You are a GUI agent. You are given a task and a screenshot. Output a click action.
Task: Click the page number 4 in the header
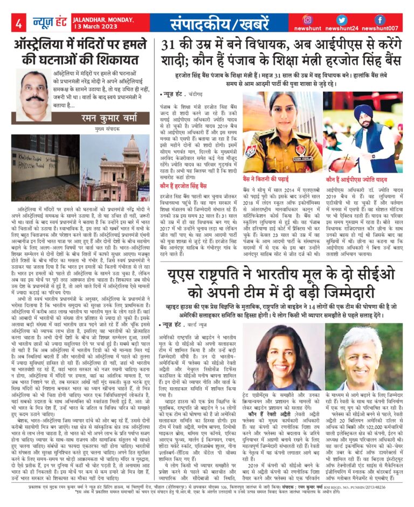(x=18, y=23)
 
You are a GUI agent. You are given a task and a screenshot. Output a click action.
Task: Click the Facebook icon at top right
(x=379, y=19)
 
